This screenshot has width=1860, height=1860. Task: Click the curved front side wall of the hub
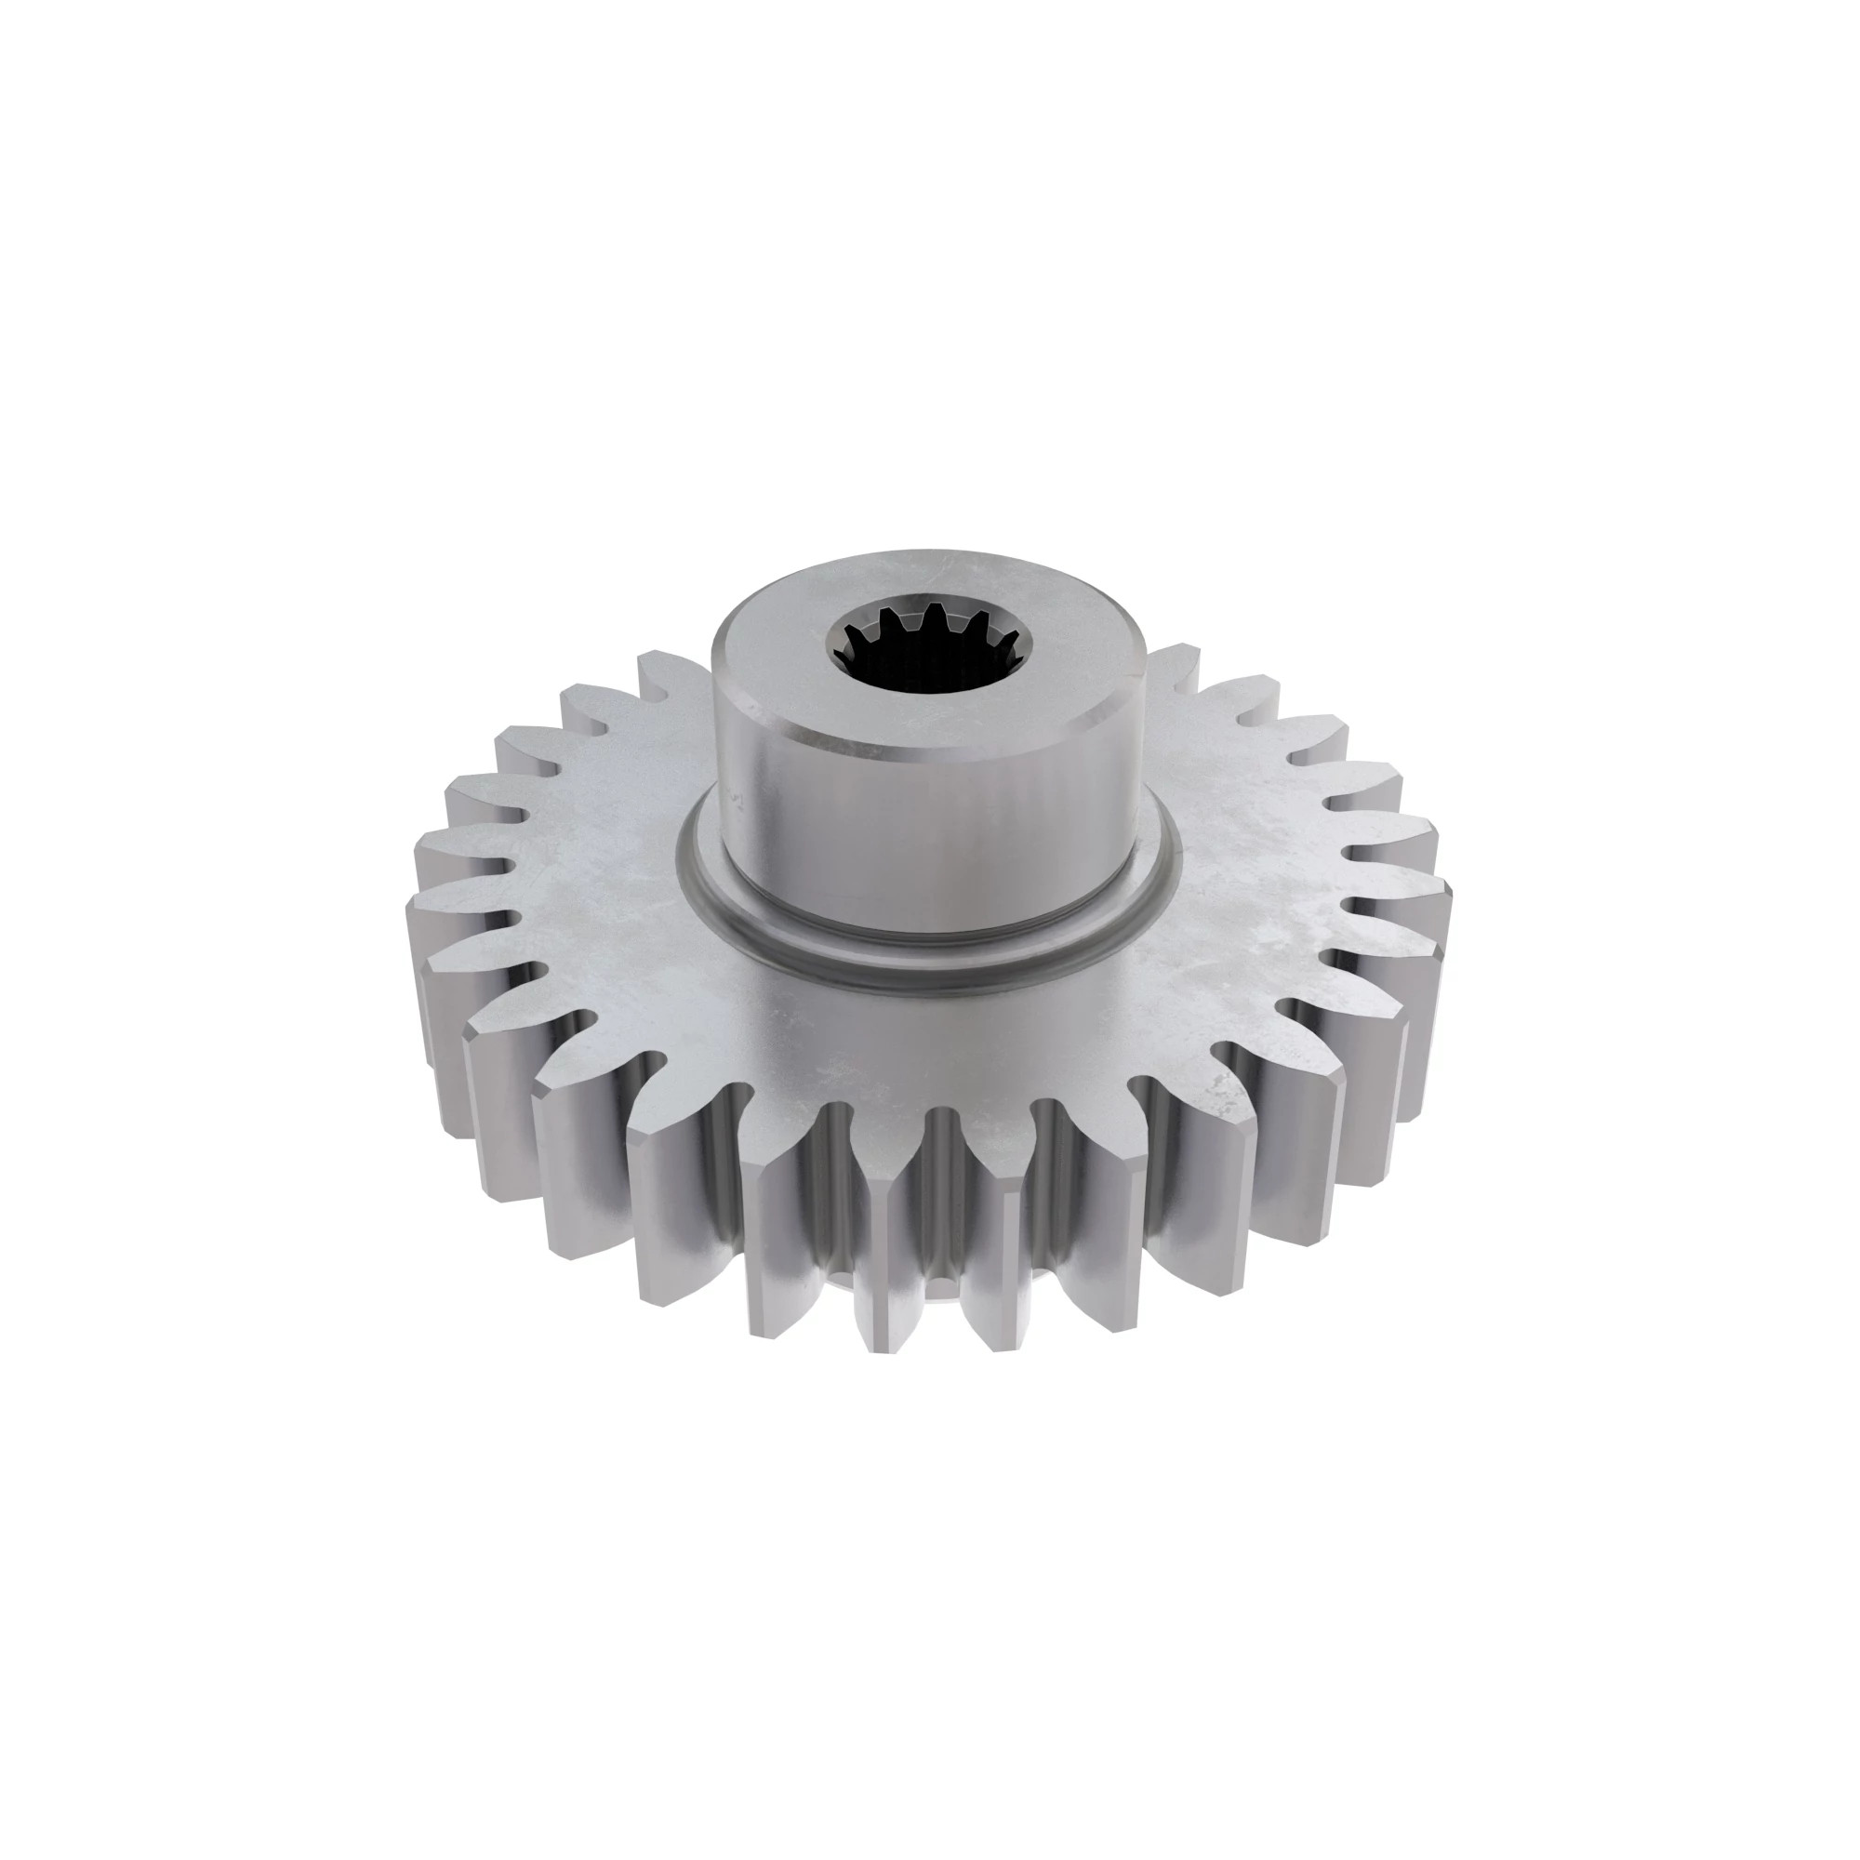tap(929, 838)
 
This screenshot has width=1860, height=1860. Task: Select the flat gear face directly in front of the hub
tap(929, 1040)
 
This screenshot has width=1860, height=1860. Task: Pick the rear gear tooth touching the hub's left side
tap(674, 674)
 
